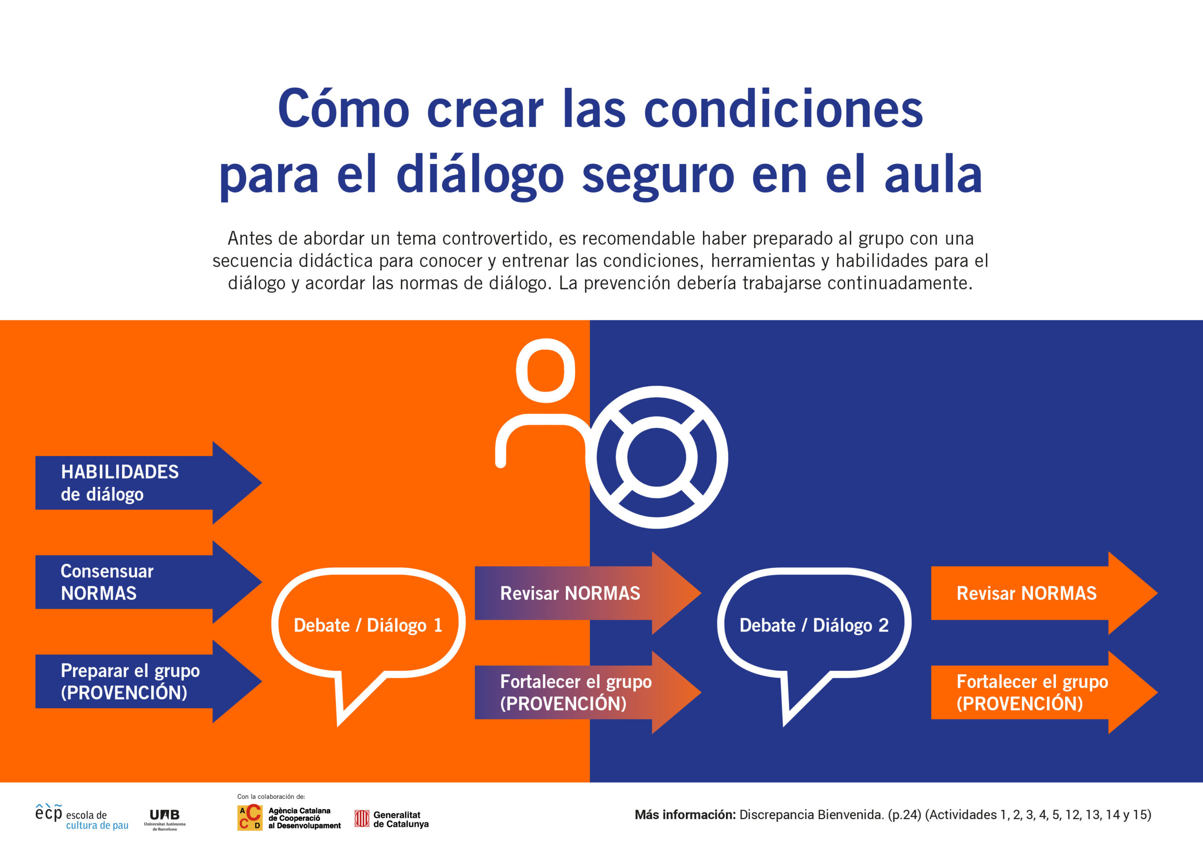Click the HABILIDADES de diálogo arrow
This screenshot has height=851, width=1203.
(148, 482)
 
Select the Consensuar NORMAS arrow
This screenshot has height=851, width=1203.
(148, 582)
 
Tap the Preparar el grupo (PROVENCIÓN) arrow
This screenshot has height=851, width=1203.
(148, 682)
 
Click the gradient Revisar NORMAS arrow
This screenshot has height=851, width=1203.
(588, 593)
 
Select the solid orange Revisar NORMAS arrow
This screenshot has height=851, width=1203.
(1044, 593)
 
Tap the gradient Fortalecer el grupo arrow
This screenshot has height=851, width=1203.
(588, 693)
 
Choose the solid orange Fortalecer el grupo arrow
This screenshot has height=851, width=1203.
(1044, 693)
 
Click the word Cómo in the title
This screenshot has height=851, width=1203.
(343, 109)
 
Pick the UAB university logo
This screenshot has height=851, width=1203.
(164, 819)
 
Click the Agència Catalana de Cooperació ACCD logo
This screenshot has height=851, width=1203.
(289, 818)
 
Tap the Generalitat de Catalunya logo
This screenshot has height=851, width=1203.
(391, 819)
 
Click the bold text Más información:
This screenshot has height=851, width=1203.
(685, 815)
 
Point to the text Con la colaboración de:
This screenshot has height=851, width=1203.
(271, 796)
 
